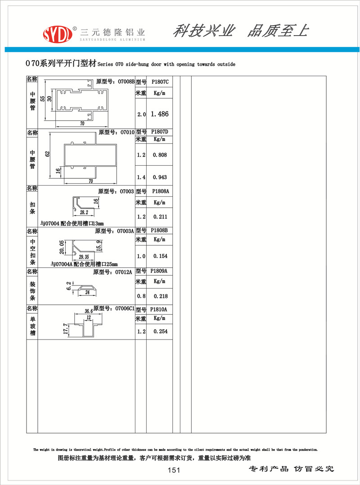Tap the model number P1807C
[x=160, y=82]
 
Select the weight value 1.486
[x=160, y=114]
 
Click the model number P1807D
[x=160, y=132]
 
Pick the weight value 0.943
[x=160, y=177]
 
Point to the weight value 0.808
[x=160, y=155]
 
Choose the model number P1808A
[x=160, y=191]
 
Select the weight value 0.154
[x=160, y=256]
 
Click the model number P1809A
[x=160, y=272]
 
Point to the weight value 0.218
[x=160, y=296]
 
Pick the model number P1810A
[x=160, y=310]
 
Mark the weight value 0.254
[x=160, y=331]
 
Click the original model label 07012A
[x=123, y=272]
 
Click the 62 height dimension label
[x=48, y=154]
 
